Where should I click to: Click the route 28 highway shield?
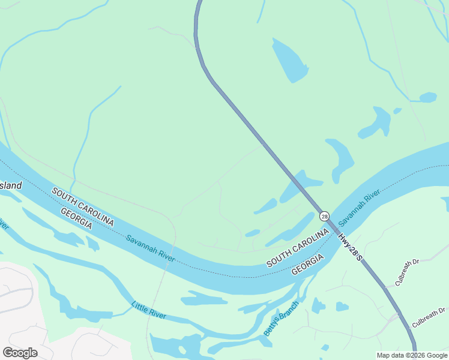point(324,216)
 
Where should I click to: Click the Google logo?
point(20,352)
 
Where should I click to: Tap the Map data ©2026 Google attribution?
point(412,355)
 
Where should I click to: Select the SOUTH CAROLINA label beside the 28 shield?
point(298,247)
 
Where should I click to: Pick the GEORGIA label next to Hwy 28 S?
point(308,264)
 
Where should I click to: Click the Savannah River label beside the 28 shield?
point(359,210)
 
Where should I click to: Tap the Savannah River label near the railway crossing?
point(151,247)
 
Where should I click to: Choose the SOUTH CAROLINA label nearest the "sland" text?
point(83,206)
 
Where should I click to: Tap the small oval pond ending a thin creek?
point(427,97)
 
